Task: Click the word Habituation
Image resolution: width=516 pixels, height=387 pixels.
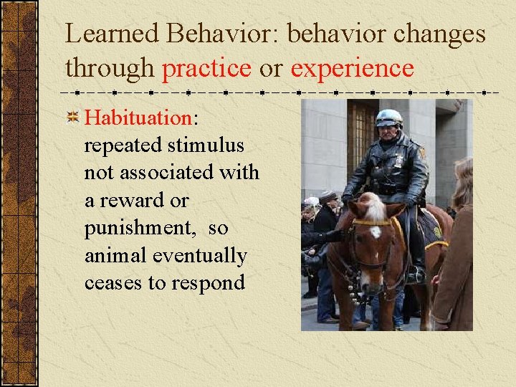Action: pos(137,118)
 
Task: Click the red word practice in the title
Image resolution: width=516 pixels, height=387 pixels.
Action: pos(207,68)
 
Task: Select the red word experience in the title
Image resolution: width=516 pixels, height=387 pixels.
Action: pos(352,68)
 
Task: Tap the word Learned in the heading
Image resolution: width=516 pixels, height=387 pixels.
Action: pos(110,34)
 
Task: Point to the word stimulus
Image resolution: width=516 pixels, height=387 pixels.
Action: pos(206,145)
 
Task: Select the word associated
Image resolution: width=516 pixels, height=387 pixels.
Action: pos(168,173)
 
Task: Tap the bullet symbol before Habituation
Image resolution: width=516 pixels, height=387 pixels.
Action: pos(73,118)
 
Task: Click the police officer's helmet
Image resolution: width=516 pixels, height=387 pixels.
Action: pos(389,118)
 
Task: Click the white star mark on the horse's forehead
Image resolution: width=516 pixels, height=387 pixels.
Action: pos(375,231)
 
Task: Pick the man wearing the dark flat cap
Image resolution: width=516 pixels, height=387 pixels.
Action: pos(327,215)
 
